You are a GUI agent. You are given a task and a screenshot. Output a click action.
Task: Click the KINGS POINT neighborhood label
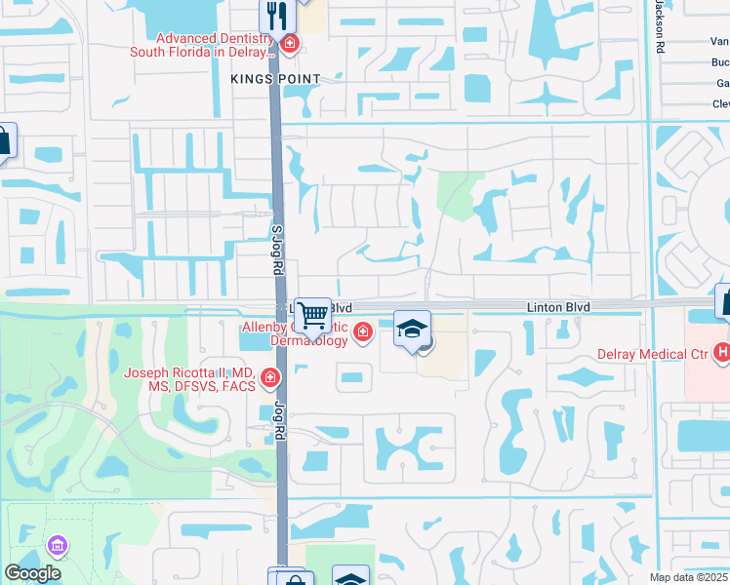(275, 77)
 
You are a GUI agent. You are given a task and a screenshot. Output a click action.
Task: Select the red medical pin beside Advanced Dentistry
(289, 44)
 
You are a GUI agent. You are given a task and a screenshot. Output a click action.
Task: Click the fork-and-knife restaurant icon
(276, 15)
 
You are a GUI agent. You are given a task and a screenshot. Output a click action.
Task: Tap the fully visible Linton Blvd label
(559, 307)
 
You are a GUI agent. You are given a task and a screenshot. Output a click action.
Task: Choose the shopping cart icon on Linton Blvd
(313, 315)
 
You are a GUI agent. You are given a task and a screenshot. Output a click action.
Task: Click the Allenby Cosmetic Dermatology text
(296, 333)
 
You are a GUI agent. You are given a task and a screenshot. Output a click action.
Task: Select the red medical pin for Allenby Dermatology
(363, 333)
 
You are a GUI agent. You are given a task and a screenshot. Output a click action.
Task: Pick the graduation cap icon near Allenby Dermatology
(412, 329)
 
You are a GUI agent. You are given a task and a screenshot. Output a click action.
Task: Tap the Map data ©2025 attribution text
(687, 577)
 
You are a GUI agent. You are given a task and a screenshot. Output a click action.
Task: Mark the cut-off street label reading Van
(719, 41)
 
